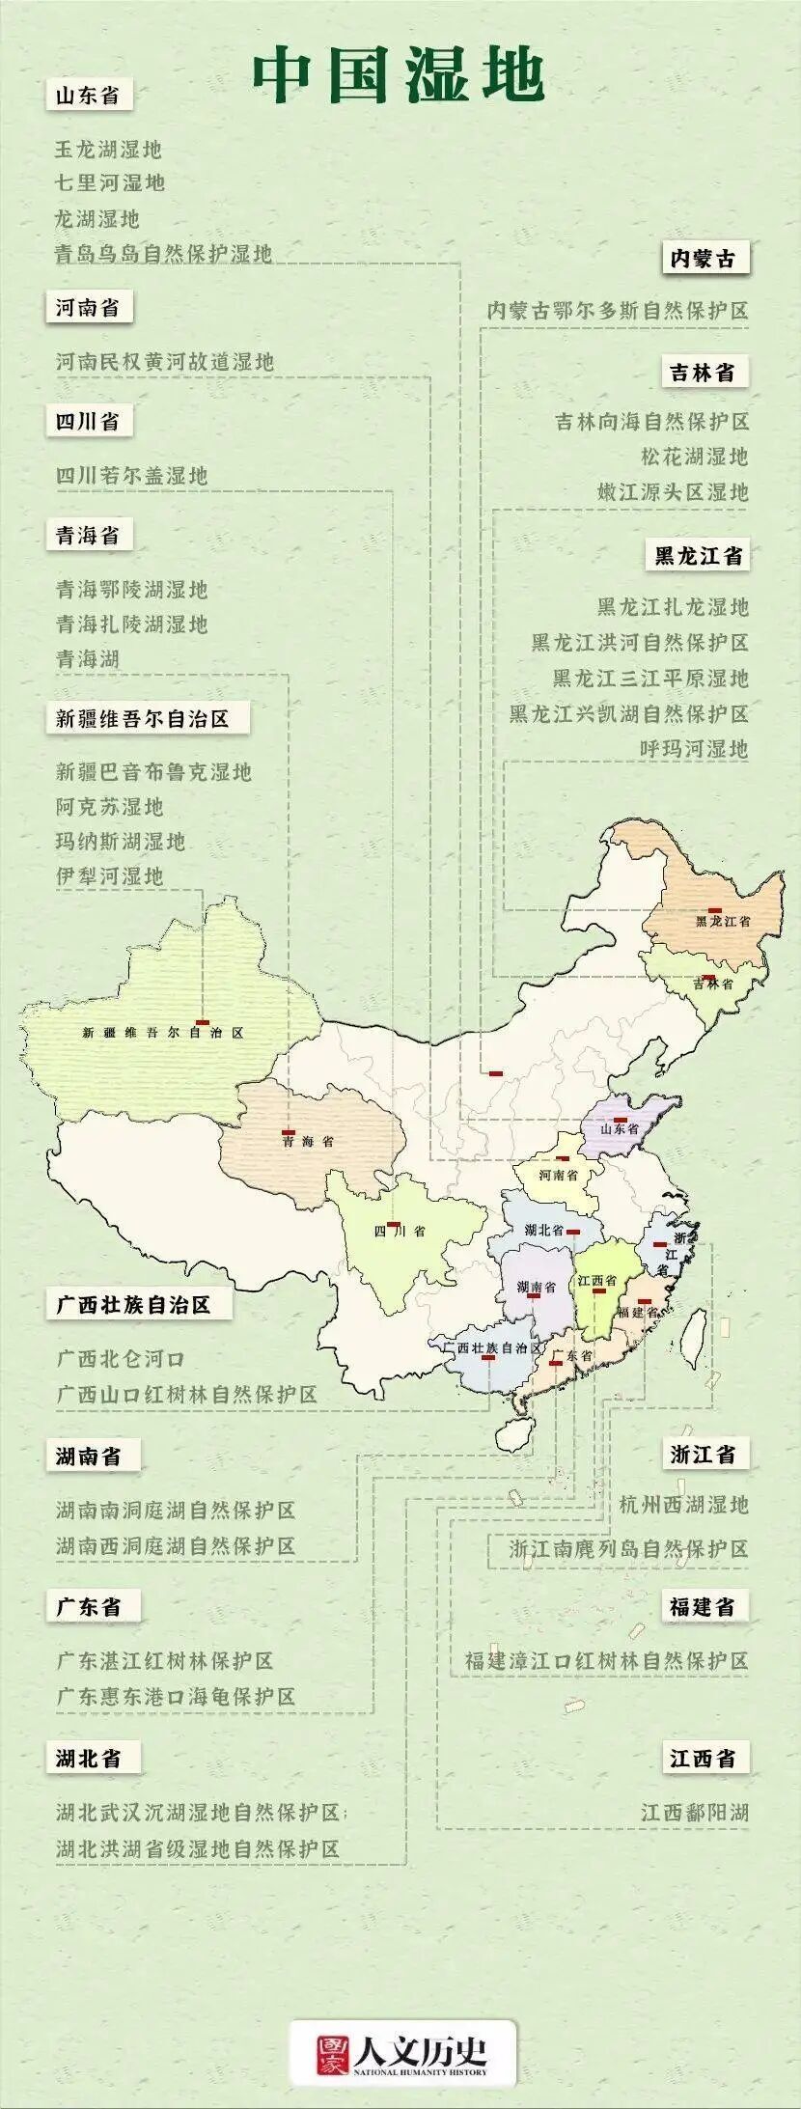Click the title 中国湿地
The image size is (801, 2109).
[399, 76]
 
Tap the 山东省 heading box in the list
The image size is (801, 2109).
[88, 97]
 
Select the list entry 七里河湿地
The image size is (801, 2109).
[110, 183]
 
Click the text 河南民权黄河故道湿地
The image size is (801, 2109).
[165, 362]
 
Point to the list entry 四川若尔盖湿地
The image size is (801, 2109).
[131, 476]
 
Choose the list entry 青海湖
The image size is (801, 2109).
[88, 660]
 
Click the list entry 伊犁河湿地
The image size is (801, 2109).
[110, 876]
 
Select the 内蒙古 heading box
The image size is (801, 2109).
[703, 259]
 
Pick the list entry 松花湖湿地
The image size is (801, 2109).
[695, 457]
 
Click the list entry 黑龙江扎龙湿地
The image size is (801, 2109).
[673, 607]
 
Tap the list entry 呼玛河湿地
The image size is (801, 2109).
[695, 748]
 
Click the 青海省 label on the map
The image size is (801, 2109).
[309, 1142]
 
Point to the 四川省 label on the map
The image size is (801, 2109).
[399, 1232]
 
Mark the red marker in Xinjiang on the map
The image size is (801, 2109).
[203, 1021]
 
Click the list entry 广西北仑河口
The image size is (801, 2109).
[121, 1359]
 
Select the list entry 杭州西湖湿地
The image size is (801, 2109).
[683, 1505]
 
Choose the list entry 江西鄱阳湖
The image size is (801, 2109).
[695, 1813]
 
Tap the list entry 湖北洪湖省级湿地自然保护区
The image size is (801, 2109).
[198, 1849]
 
